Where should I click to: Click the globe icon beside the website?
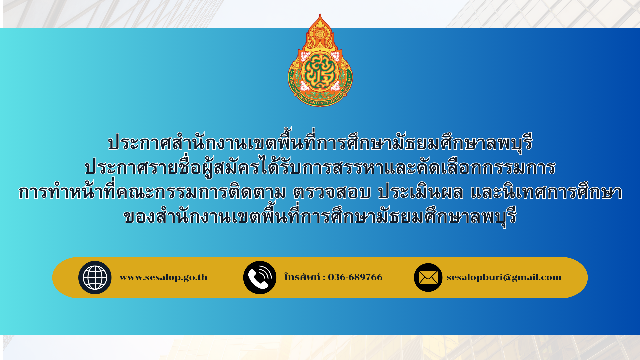click(95, 277)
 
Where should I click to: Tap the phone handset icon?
click(260, 277)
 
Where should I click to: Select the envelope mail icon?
click(428, 277)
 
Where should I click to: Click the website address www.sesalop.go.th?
click(163, 277)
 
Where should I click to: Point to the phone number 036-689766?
click(355, 277)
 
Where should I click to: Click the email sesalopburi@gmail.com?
click(504, 277)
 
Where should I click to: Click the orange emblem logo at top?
click(320, 60)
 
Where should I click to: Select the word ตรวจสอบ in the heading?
click(332, 192)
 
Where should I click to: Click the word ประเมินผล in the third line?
click(421, 192)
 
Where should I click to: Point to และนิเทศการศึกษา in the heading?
click(546, 192)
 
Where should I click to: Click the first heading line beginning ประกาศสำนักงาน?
click(320, 141)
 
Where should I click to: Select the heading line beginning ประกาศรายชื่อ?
click(320, 167)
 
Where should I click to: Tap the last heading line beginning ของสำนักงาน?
click(320, 216)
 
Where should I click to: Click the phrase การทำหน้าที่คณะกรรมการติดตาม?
click(152, 191)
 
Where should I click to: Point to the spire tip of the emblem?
click(320, 14)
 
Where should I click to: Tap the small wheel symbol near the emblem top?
click(320, 34)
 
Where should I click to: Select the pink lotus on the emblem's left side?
click(305, 56)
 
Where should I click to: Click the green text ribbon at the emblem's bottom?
click(320, 99)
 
